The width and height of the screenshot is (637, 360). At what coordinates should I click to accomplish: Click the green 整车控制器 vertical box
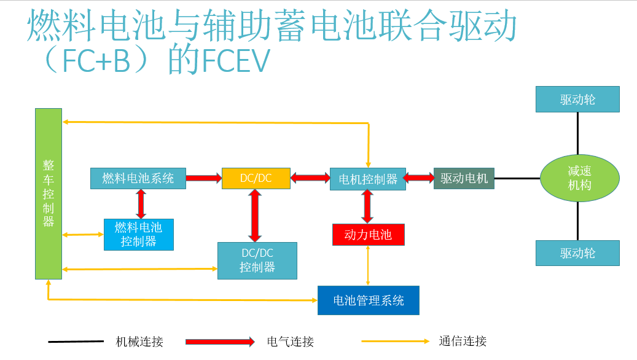click(x=49, y=193)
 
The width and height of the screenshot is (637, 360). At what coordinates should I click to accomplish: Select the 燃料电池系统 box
click(x=138, y=178)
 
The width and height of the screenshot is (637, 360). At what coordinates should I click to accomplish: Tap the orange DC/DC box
click(x=256, y=178)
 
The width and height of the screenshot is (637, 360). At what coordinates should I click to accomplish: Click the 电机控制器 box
click(x=367, y=179)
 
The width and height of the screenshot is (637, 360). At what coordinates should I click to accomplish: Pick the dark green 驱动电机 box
click(x=464, y=178)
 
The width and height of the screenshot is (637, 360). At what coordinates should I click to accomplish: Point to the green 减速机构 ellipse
click(x=579, y=178)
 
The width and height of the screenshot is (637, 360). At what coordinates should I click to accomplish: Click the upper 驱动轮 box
click(x=577, y=99)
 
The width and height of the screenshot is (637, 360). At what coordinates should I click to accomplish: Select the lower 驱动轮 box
click(x=577, y=252)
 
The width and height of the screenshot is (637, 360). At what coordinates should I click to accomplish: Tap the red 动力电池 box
click(x=368, y=235)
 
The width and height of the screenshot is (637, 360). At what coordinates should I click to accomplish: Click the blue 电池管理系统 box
click(x=368, y=300)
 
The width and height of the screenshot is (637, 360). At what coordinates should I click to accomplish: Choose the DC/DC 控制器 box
click(x=257, y=260)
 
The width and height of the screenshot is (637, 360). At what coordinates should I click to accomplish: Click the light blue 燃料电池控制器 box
click(x=138, y=234)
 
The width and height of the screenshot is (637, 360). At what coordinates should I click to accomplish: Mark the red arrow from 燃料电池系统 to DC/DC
click(x=203, y=178)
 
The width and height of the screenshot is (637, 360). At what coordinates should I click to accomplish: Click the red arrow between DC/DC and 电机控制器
click(x=310, y=178)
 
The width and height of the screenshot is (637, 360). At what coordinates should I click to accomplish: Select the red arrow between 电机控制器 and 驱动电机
click(x=420, y=178)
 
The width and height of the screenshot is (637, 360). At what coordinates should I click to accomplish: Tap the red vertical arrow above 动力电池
click(x=367, y=206)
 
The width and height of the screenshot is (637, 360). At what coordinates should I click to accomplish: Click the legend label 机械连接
click(x=139, y=342)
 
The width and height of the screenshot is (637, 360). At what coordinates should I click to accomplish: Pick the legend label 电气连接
click(x=290, y=342)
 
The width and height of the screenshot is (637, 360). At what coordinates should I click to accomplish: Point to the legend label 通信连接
click(x=463, y=342)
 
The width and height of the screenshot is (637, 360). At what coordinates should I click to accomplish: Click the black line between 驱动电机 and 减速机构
click(x=517, y=178)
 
